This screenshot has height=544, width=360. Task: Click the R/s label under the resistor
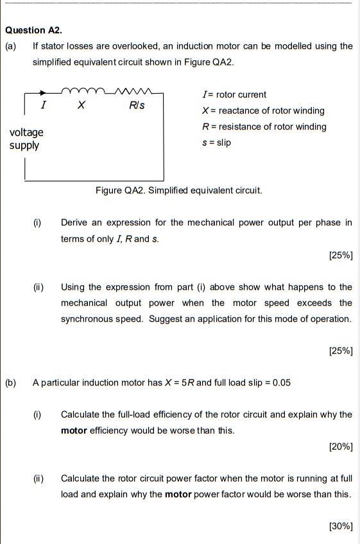coord(137,105)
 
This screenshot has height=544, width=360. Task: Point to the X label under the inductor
coord(81,105)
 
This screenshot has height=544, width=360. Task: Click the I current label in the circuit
coord(43,105)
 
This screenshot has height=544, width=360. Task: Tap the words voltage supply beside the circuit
coord(26,139)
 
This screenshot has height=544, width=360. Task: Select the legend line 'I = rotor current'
coord(234,95)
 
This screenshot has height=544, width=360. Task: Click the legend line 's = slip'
coord(216,142)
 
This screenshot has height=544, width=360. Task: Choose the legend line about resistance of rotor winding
coord(264,126)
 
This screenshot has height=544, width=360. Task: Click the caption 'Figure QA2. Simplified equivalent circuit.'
coord(178,191)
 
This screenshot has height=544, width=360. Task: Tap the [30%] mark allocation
coord(340,526)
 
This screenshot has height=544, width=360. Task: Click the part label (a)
coord(11,46)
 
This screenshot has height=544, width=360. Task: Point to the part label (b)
coord(11,383)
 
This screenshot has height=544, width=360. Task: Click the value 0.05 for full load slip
coord(281,383)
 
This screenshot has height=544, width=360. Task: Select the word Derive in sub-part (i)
coord(75,223)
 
